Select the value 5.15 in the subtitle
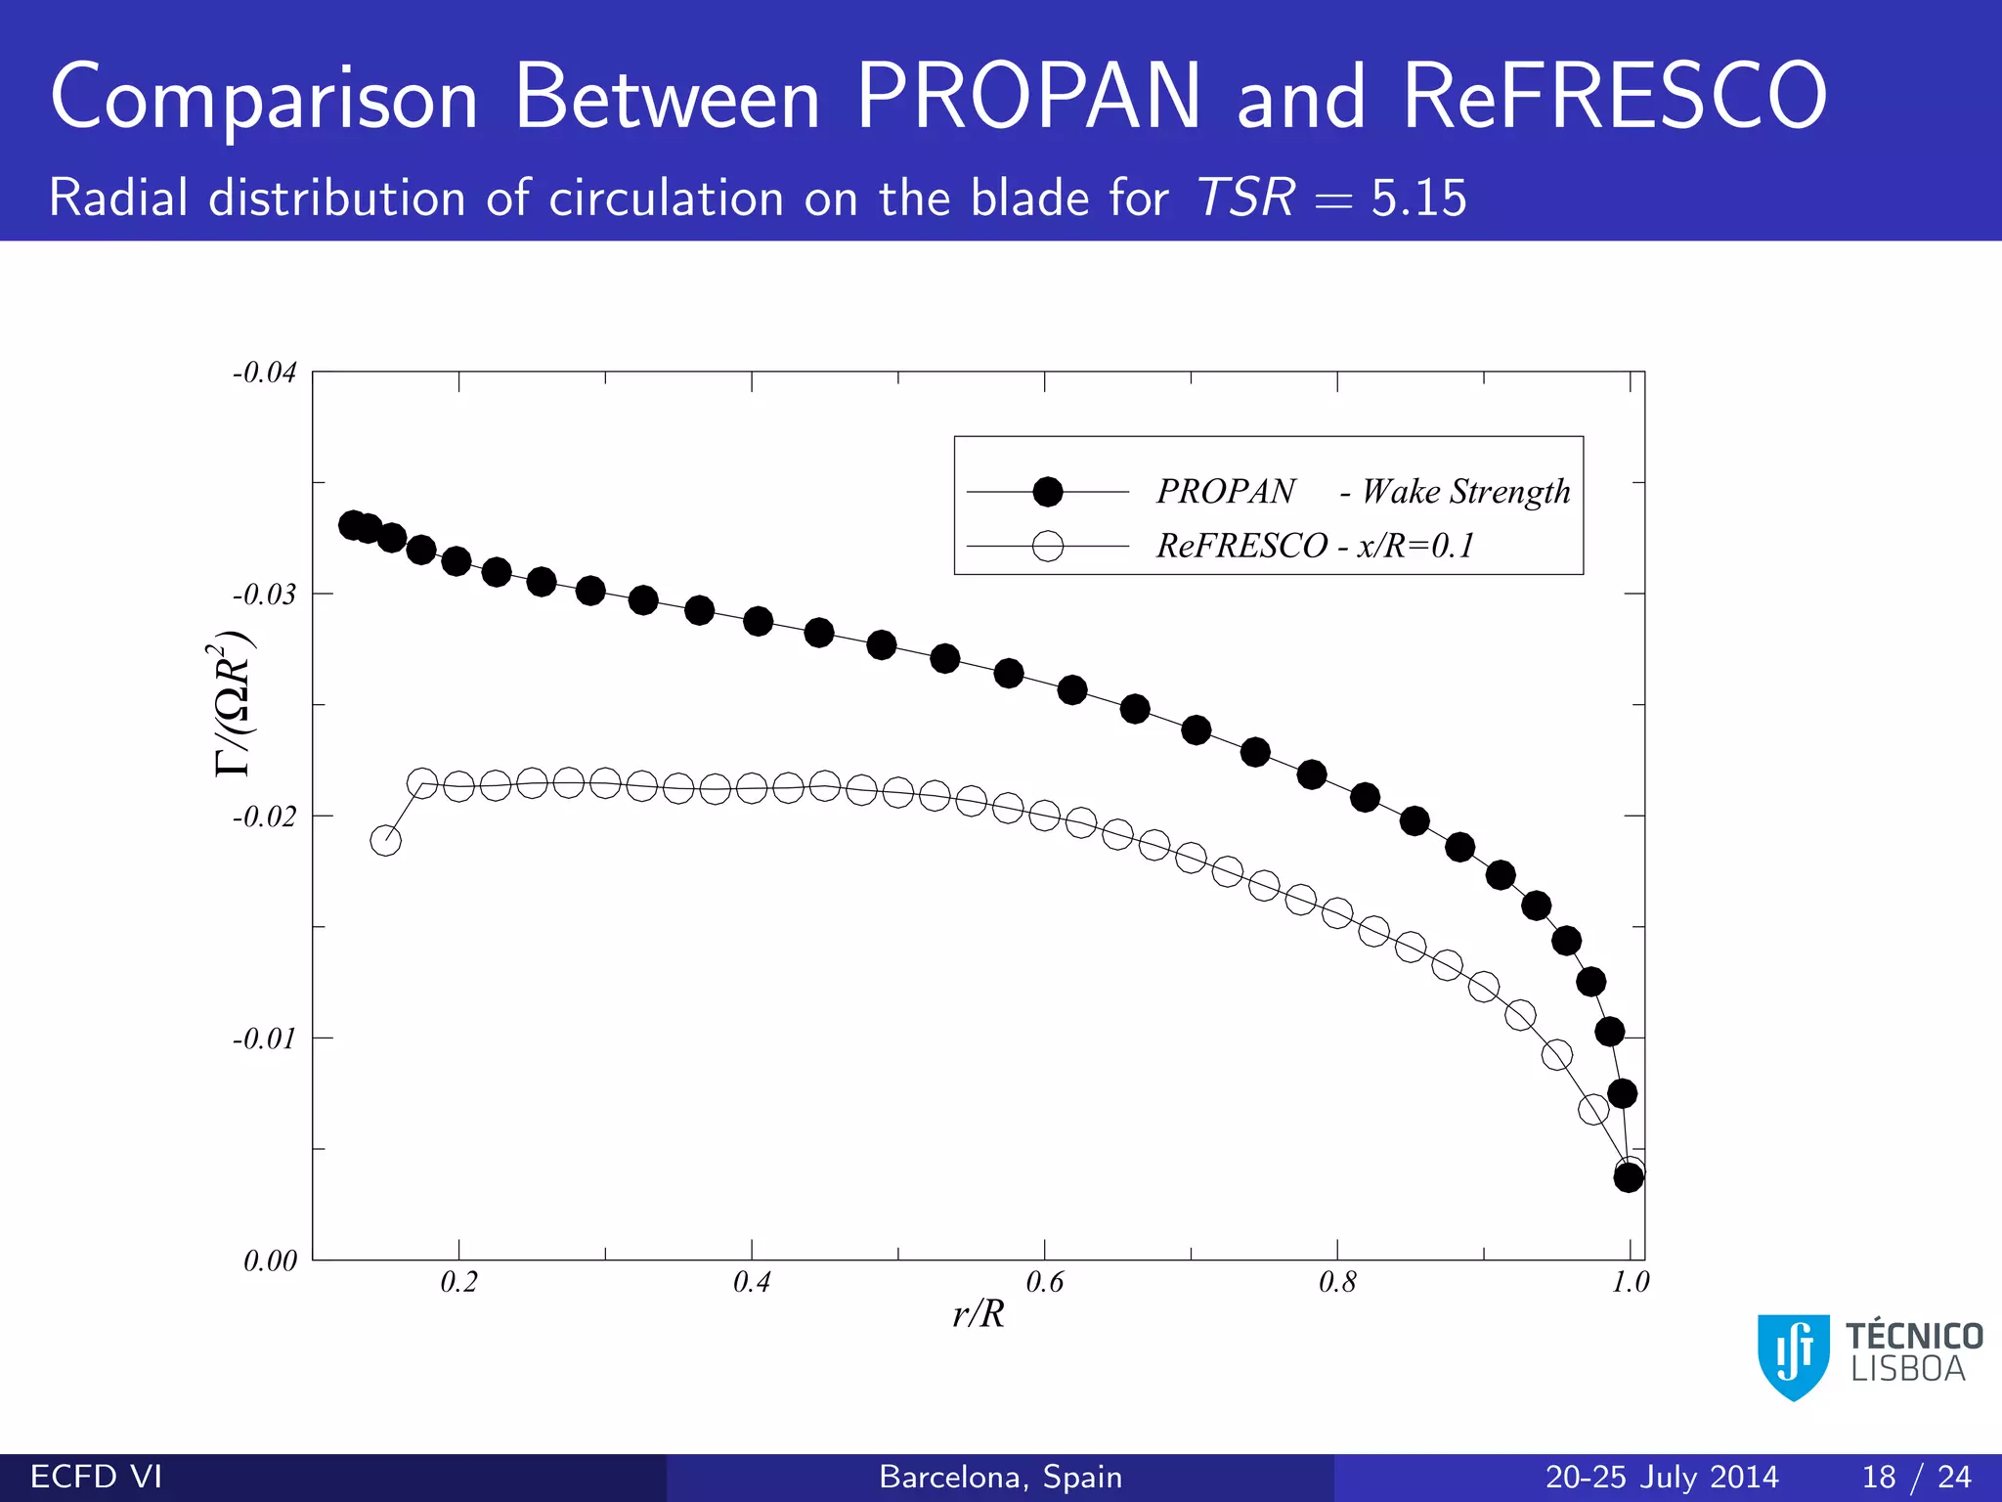pyautogui.click(x=1418, y=199)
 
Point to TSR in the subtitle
pyautogui.click(x=1246, y=198)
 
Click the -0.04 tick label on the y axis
pyautogui.click(x=264, y=373)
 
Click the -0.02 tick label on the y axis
pyautogui.click(x=264, y=817)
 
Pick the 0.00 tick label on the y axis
pyautogui.click(x=270, y=1260)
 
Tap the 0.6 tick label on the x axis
pyautogui.click(x=1044, y=1282)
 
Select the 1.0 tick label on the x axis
pyautogui.click(x=1630, y=1282)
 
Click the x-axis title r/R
pyautogui.click(x=979, y=1314)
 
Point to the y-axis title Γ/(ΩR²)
pyautogui.click(x=234, y=704)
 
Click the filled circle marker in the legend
pyautogui.click(x=1048, y=492)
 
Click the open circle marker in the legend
pyautogui.click(x=1048, y=546)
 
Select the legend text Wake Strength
pyautogui.click(x=1465, y=492)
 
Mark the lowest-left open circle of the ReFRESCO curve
pyautogui.click(x=386, y=840)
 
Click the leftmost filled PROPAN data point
pyautogui.click(x=353, y=525)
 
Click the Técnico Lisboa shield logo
pyautogui.click(x=1793, y=1356)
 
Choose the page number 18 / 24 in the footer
pyautogui.click(x=1916, y=1477)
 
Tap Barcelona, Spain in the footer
pyautogui.click(x=1000, y=1477)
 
